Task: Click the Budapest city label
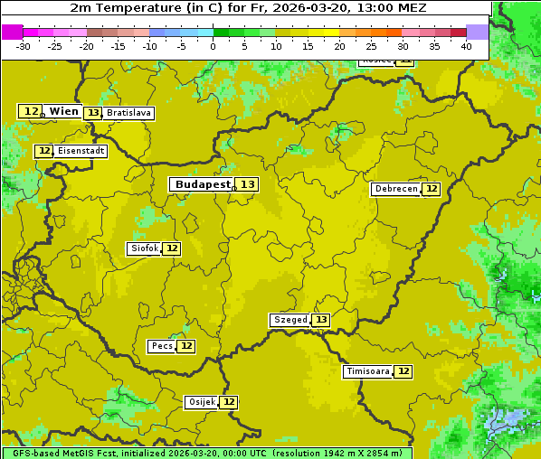(203, 184)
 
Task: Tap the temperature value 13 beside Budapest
(247, 184)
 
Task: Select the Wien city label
(63, 111)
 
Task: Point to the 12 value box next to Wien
(31, 111)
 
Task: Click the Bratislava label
(128, 113)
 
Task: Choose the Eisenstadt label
(81, 151)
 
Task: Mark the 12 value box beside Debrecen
(432, 189)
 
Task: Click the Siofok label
(144, 248)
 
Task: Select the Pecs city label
(162, 346)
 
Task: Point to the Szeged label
(289, 320)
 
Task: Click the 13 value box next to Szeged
(320, 320)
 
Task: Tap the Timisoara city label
(367, 371)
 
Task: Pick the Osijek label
(201, 402)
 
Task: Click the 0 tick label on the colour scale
(214, 46)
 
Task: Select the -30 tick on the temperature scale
(23, 46)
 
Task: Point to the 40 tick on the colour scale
(466, 46)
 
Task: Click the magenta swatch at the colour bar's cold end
(12, 32)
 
